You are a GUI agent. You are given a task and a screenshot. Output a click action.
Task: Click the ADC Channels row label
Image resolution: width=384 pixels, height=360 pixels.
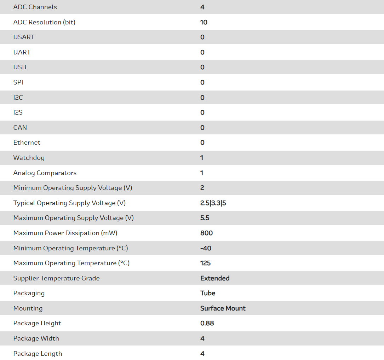(35, 7)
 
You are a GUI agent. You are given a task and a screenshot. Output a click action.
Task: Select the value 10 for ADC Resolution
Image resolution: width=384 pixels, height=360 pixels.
(204, 22)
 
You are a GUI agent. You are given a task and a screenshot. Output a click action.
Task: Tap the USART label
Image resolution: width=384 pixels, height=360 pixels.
(24, 37)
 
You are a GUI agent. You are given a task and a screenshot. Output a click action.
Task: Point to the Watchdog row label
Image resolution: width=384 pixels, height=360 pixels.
(29, 158)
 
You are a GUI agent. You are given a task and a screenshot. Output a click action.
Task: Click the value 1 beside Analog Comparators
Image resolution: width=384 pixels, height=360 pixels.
(202, 173)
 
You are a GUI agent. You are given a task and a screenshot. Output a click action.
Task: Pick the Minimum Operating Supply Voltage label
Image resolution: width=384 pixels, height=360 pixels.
(73, 188)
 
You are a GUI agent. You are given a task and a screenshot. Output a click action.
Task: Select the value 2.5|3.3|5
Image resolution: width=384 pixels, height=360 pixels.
(213, 203)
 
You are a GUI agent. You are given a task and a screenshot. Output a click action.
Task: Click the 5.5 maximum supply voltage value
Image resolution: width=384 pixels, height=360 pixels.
(205, 218)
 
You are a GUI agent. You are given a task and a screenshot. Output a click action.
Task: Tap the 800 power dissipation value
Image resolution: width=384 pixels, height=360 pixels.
(206, 233)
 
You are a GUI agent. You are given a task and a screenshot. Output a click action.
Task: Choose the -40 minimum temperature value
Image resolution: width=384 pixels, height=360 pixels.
(206, 248)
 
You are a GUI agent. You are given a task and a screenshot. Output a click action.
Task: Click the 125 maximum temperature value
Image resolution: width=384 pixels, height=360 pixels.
(205, 263)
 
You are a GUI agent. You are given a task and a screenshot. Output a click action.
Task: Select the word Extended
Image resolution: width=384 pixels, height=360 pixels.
(215, 278)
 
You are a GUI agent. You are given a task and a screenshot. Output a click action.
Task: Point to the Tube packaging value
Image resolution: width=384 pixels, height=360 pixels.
(208, 293)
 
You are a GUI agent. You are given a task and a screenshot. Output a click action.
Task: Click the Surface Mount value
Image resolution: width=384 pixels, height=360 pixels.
(223, 308)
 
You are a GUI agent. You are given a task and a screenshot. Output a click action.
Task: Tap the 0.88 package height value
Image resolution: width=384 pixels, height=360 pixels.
(207, 323)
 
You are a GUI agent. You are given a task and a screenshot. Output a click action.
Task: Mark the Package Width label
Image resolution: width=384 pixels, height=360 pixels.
(36, 338)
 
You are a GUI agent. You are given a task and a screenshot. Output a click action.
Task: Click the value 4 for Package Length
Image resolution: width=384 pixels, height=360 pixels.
(202, 354)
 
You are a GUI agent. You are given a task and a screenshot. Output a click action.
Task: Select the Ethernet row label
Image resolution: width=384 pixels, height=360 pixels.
(27, 143)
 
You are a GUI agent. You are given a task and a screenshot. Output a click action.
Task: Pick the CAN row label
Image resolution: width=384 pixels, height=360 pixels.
(20, 128)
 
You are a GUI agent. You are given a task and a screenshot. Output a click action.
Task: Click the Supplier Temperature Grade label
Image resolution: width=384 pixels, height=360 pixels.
(56, 278)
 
